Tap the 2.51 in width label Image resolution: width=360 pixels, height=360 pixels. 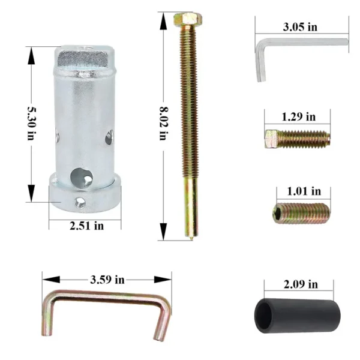point(86,226)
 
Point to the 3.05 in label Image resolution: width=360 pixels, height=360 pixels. point(300,27)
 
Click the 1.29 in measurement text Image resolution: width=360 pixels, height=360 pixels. point(298,116)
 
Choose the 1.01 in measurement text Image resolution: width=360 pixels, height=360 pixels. point(304,191)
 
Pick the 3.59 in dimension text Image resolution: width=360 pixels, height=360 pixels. point(107,280)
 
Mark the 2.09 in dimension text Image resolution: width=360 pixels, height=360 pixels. point(301,284)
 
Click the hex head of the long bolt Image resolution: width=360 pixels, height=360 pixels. point(188,19)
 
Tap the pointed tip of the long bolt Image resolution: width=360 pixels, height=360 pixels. point(191,239)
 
